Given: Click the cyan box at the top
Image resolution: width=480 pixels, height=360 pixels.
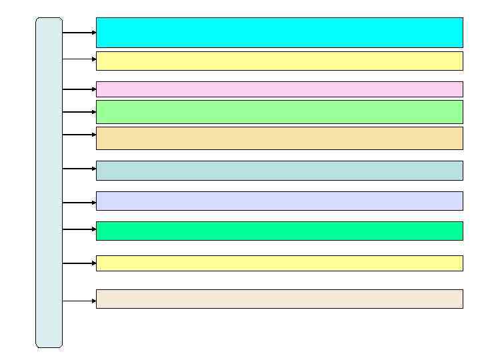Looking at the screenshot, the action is tap(279, 32).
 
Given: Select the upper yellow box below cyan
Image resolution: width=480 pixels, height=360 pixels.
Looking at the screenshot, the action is tap(279, 61).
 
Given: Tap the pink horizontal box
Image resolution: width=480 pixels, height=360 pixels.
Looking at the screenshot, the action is tap(279, 89).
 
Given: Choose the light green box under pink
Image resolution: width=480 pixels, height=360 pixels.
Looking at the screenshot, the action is tap(279, 111).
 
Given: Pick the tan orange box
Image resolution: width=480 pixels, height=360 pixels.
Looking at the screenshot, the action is tap(279, 138).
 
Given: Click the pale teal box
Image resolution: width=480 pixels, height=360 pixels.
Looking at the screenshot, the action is tap(279, 170).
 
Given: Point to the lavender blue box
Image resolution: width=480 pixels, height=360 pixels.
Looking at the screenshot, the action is tap(279, 201).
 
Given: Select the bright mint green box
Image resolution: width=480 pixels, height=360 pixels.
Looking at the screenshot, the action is tap(279, 231).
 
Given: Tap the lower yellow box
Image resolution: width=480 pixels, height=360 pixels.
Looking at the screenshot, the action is tap(279, 263).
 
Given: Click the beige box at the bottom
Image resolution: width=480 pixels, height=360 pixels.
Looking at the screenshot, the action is tap(279, 299).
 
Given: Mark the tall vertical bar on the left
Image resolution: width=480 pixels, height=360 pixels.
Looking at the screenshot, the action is tap(49, 182).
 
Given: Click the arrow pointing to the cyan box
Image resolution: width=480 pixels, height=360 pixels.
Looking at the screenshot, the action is tap(79, 32).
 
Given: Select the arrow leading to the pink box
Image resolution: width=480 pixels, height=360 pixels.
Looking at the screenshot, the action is tap(79, 89).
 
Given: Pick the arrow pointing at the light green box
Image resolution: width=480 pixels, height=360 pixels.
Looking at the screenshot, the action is tap(79, 112).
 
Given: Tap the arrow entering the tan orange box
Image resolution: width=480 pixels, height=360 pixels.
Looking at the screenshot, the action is tap(79, 135).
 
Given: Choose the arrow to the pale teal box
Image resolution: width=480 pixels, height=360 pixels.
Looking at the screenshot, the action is tap(79, 169).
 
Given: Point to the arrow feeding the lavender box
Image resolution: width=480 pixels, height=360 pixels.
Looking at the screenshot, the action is tap(79, 203).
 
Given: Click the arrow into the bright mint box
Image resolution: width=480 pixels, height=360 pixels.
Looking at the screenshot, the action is tap(79, 229).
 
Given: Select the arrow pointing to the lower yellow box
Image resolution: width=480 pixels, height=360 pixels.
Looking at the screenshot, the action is tap(79, 263).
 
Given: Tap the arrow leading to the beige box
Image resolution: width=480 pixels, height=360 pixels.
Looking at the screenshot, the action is tap(79, 301).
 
